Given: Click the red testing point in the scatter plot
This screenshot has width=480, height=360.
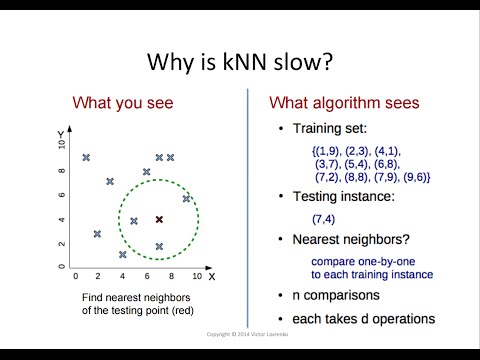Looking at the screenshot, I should (x=158, y=219).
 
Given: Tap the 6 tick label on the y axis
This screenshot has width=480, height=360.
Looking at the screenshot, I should (x=62, y=196).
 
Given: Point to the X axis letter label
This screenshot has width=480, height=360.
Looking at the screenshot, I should (x=212, y=275).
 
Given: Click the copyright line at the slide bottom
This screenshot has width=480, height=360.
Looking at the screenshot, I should (x=240, y=335).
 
